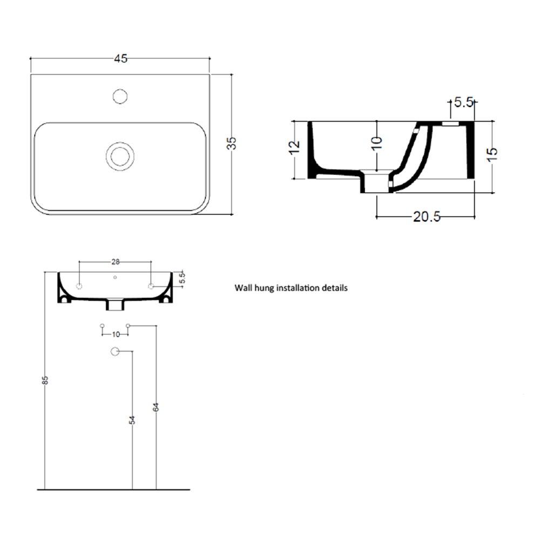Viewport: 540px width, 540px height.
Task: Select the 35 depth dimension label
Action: [232, 144]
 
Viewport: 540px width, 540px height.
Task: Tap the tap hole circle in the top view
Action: [120, 96]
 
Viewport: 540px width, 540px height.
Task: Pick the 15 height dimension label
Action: [492, 153]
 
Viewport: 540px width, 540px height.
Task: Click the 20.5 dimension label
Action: [427, 217]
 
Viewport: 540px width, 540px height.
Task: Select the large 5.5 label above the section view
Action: [463, 102]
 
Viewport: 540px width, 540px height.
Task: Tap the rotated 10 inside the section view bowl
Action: [377, 143]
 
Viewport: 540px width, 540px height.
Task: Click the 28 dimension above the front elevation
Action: [115, 262]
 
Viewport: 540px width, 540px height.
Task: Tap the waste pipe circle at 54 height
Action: [114, 352]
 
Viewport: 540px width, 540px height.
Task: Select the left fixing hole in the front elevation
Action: [79, 286]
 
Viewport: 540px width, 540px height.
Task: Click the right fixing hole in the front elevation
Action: [151, 286]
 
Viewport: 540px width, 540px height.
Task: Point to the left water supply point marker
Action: [103, 326]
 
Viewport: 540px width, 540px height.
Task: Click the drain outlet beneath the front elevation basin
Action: [115, 306]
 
